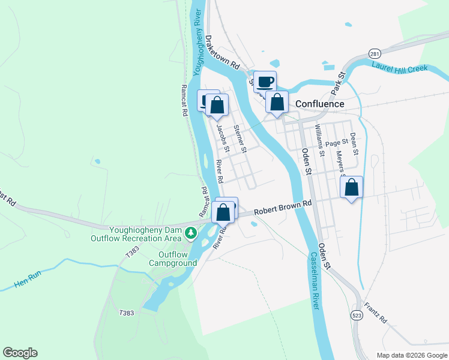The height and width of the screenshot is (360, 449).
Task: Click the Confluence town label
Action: point(319,104)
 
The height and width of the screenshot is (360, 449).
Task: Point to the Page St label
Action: point(337,143)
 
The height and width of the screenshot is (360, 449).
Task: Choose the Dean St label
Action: point(354,144)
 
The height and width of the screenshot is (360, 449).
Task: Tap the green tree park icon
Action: point(191,232)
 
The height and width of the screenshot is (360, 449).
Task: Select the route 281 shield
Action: point(374,53)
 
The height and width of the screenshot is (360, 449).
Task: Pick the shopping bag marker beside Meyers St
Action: point(352,188)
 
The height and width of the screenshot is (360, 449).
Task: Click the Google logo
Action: point(20,353)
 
